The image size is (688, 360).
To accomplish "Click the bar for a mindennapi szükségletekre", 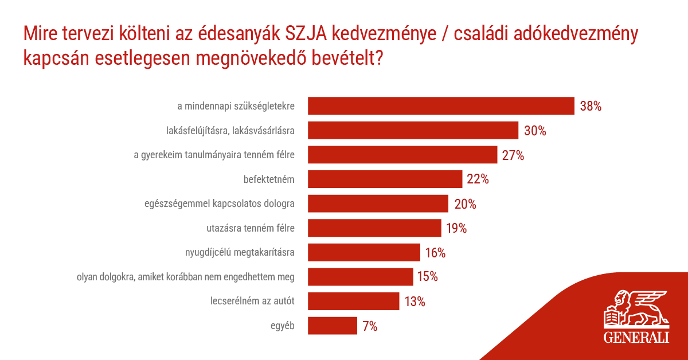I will pos(441,106).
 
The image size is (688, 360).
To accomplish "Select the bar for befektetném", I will pos(385,179).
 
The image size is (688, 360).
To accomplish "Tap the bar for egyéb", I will pos(333,326).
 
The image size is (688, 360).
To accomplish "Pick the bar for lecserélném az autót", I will pos(353,302).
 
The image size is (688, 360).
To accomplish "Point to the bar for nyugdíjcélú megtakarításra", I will pos(364,253).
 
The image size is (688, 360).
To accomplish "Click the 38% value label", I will pos(590,106).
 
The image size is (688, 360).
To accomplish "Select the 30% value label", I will pos(534,131).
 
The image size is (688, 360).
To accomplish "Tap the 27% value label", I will pos(513,155).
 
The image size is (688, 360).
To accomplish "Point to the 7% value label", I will pos(370,326).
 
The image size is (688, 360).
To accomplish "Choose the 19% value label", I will pos(456,229).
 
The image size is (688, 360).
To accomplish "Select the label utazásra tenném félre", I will pos(251,229).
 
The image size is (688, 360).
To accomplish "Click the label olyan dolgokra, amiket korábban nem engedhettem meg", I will pos(186,277).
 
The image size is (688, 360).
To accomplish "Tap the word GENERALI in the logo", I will pos(636,337).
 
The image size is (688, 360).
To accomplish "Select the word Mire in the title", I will pos(42,34).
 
